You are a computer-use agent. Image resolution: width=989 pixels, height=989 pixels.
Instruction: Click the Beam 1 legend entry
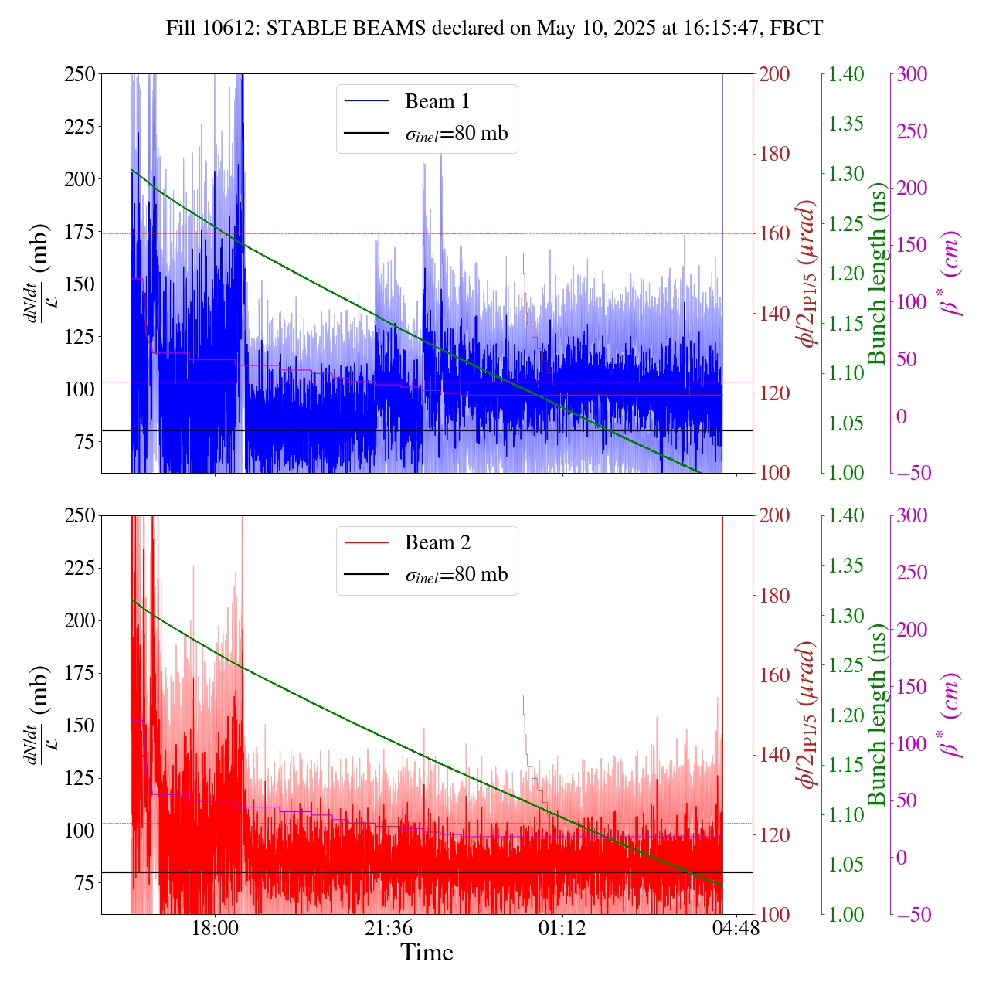[437, 101]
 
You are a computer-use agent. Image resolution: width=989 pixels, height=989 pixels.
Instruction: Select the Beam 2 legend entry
[437, 542]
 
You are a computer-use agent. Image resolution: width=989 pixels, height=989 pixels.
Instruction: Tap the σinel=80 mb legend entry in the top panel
[456, 133]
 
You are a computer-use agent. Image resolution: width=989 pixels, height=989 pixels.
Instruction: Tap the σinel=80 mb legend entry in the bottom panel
[456, 574]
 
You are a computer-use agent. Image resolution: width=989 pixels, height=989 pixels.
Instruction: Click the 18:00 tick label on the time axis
[215, 926]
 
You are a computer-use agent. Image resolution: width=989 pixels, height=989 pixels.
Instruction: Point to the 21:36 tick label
[389, 926]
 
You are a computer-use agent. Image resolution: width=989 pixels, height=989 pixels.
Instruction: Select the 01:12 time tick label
[562, 926]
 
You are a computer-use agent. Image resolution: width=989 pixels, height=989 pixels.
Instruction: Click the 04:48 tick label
[736, 926]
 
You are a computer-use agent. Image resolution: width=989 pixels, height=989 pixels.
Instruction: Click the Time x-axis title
[427, 953]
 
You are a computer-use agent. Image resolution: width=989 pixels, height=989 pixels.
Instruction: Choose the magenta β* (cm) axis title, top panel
[951, 274]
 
